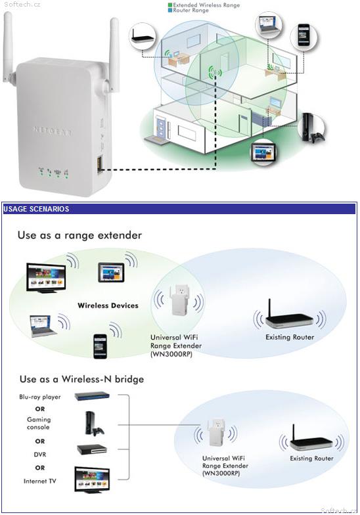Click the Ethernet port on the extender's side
pos(99,163)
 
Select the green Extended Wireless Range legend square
pos(169,5)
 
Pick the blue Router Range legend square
pos(169,11)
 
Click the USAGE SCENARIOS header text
pos(36,209)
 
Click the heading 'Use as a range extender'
pos(79,235)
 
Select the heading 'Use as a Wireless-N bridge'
pos(81,379)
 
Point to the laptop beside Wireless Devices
pos(43,325)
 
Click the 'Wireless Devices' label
pos(108,305)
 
